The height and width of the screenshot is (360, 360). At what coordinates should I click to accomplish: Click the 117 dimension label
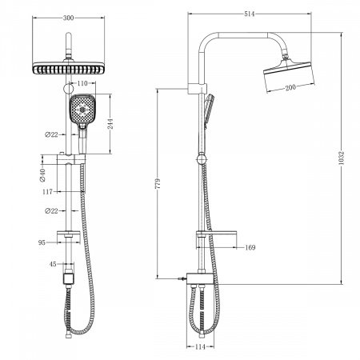[48, 192]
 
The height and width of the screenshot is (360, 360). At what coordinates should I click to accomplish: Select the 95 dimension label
[42, 239]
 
